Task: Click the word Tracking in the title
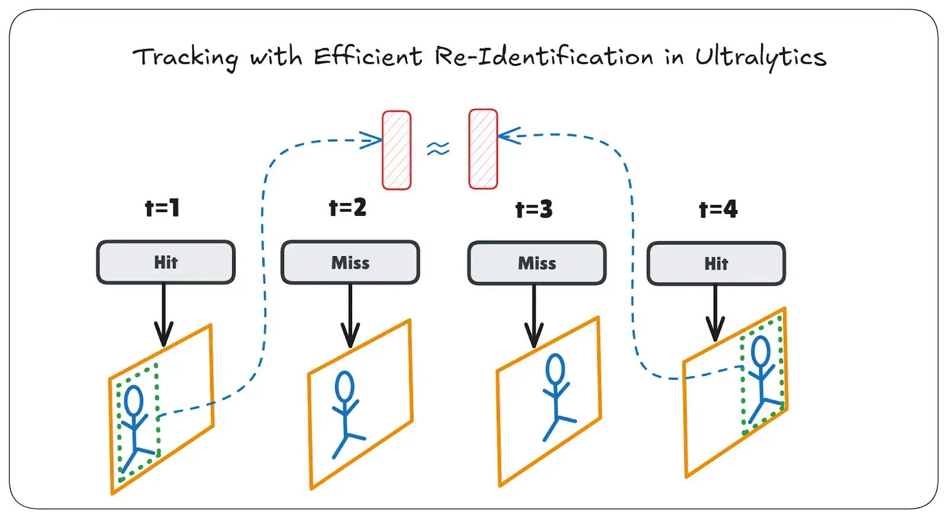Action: click(x=185, y=58)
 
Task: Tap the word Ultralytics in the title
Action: click(x=760, y=57)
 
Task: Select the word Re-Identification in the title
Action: click(x=543, y=57)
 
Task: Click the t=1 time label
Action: click(x=162, y=208)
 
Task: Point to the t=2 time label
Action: click(x=347, y=208)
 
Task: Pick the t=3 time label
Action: click(x=534, y=209)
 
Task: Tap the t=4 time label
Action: click(x=718, y=209)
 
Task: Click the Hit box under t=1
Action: click(x=166, y=263)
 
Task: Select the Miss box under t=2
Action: click(x=350, y=263)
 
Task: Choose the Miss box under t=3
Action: click(x=537, y=264)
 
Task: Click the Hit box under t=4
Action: click(x=716, y=264)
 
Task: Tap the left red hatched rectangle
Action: click(x=397, y=150)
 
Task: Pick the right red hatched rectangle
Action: click(x=483, y=149)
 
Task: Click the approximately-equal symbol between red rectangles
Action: click(x=438, y=148)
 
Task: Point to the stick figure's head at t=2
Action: click(x=344, y=387)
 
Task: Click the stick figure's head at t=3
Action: click(x=555, y=369)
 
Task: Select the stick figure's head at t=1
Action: click(x=134, y=400)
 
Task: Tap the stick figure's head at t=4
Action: click(x=761, y=351)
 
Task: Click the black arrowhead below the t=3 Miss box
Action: click(x=534, y=337)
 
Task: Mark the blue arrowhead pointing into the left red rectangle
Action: click(x=373, y=141)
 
